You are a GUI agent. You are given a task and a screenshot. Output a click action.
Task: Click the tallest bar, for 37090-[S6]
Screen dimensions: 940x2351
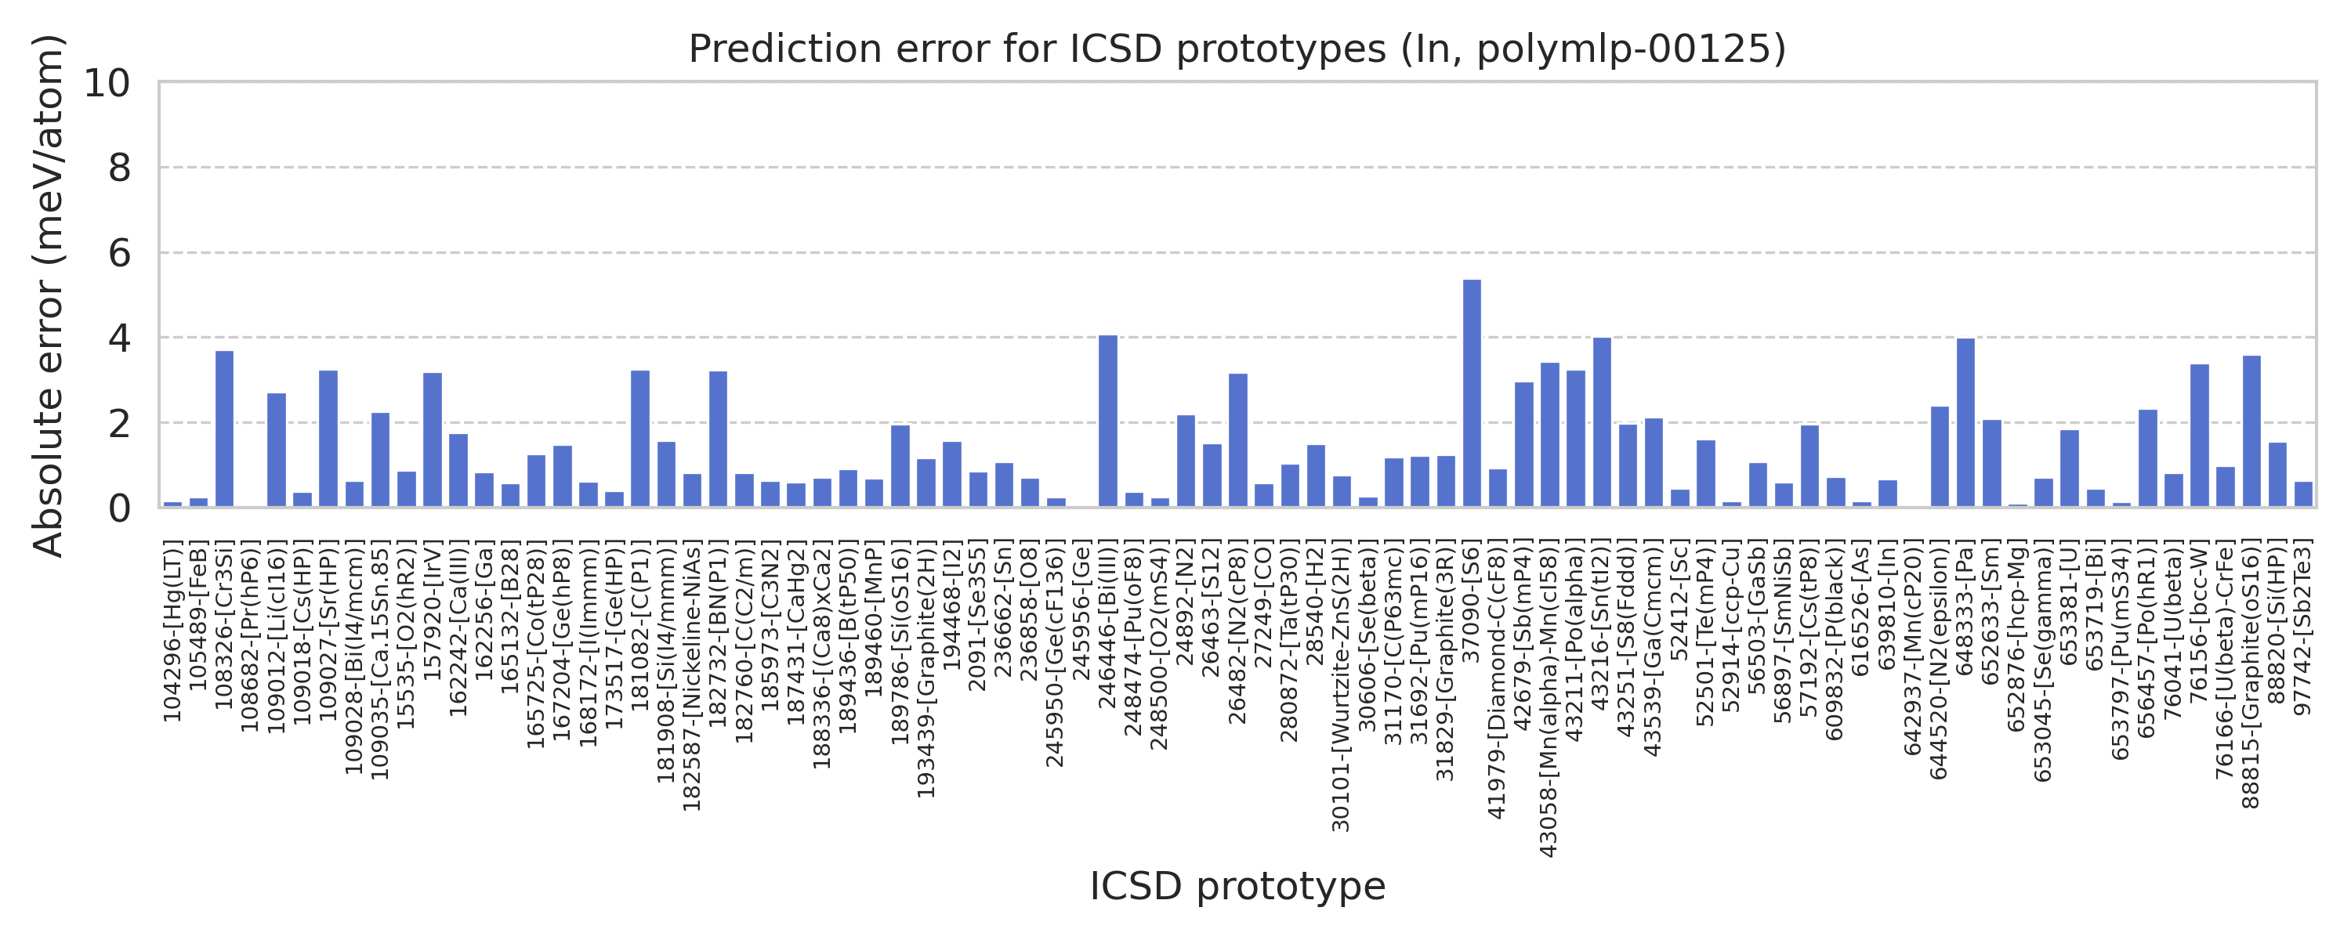point(1471,393)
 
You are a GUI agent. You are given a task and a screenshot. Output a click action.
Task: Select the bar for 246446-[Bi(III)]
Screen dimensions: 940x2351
point(1107,421)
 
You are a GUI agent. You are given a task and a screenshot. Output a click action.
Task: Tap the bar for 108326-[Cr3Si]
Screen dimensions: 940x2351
point(224,429)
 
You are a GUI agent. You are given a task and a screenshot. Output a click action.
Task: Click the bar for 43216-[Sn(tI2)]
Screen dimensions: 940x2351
point(1602,422)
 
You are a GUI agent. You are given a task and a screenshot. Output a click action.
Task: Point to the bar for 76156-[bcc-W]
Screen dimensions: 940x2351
point(2200,436)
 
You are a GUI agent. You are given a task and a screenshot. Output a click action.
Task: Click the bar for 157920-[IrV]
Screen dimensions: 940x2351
point(433,440)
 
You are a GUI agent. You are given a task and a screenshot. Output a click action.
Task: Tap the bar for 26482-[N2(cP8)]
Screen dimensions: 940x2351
point(1237,440)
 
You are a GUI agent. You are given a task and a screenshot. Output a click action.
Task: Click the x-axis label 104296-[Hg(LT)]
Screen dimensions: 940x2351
point(172,631)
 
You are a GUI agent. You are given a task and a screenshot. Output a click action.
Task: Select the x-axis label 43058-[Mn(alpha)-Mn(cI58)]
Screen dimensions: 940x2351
point(1549,698)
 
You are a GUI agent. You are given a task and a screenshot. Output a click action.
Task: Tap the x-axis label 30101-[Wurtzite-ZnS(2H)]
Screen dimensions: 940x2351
point(1342,685)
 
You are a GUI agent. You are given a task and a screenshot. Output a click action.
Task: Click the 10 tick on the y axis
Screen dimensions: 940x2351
point(107,83)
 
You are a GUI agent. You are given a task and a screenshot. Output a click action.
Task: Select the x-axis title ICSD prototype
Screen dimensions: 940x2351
point(1237,886)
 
